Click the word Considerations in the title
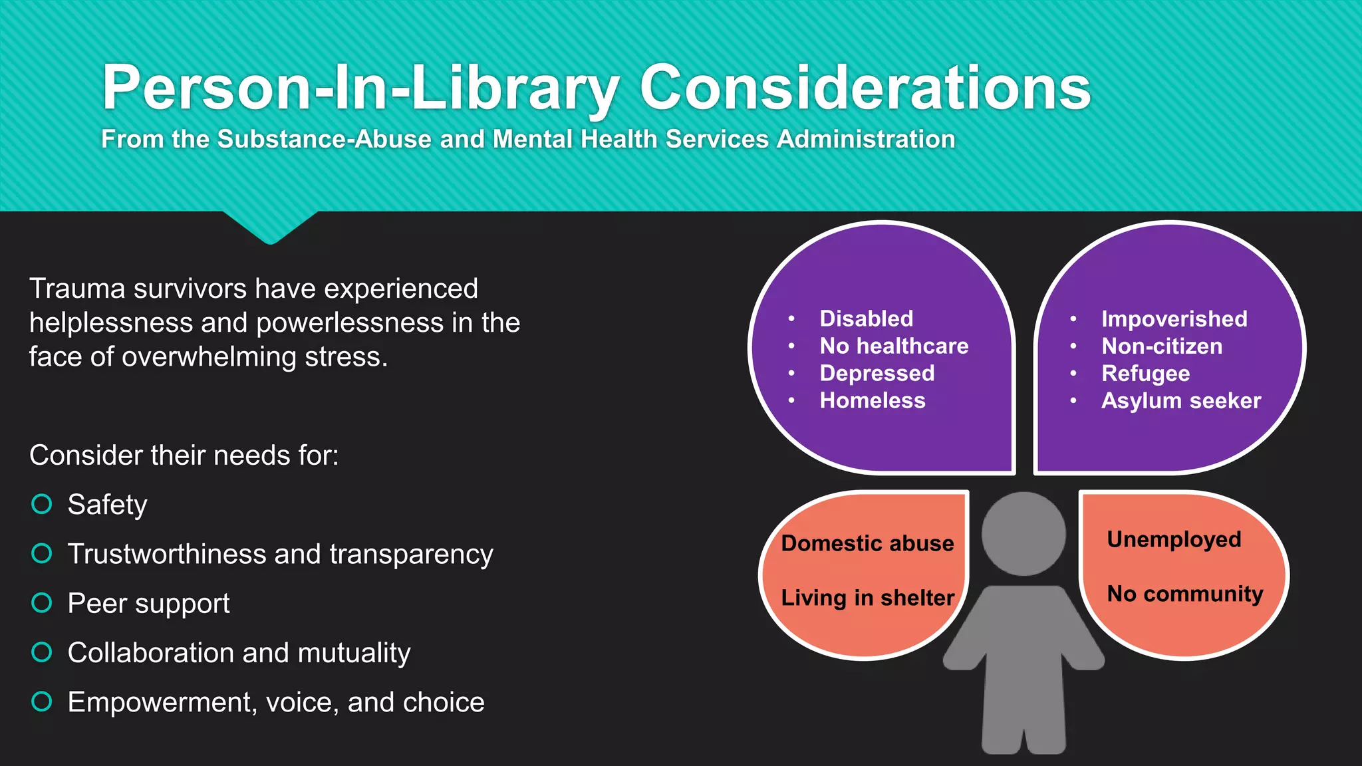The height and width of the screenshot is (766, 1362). (x=865, y=88)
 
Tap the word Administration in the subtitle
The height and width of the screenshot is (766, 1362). (x=866, y=139)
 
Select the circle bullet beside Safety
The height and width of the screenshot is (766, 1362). (x=42, y=504)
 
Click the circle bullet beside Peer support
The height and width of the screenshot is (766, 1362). (x=42, y=603)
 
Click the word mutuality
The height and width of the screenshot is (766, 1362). (x=354, y=653)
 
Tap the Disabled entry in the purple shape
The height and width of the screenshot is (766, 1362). (x=866, y=319)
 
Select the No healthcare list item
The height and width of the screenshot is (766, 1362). (x=894, y=346)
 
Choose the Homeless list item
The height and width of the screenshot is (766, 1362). (x=873, y=400)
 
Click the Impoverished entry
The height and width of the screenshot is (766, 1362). (x=1174, y=319)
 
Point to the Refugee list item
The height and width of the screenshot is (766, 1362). (x=1145, y=374)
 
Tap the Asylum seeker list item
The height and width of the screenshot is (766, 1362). (x=1180, y=401)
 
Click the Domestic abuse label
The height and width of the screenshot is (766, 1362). (x=867, y=543)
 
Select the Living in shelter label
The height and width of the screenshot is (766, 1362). (x=867, y=598)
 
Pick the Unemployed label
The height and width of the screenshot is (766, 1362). (x=1174, y=539)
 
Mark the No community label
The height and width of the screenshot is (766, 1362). (x=1184, y=594)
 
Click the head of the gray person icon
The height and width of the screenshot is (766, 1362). (x=1023, y=533)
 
